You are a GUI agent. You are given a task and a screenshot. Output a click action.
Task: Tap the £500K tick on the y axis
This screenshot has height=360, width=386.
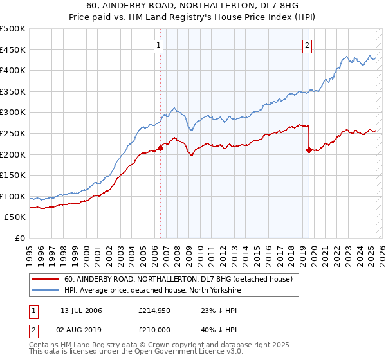[13, 29]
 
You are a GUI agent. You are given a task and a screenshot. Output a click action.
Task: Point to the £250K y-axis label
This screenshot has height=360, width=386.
[13, 134]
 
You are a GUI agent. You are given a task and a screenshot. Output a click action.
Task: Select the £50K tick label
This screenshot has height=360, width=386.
[15, 217]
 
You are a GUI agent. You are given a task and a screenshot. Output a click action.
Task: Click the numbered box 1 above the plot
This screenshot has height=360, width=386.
[158, 45]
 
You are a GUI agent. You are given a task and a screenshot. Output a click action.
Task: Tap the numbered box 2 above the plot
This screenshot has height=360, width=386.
[308, 45]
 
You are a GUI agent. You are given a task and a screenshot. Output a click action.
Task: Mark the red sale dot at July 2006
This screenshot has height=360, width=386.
[160, 148]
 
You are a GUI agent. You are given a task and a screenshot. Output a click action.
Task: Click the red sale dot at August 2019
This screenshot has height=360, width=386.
[309, 150]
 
